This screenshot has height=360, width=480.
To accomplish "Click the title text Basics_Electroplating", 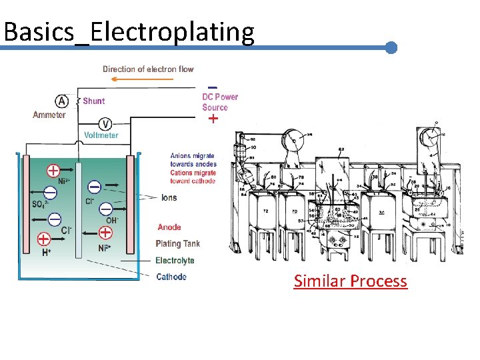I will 129,31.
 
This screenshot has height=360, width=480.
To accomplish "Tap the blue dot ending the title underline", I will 391,48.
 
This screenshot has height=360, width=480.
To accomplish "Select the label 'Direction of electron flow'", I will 148,69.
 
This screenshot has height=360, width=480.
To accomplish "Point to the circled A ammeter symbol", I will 61,101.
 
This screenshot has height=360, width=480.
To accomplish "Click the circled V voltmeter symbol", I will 105,123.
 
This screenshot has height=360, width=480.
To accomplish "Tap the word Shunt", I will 93,101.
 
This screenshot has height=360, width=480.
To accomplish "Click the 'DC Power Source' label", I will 220,102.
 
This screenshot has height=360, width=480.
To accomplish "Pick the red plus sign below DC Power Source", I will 213,119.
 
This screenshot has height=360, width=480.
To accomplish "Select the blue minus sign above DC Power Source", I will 212,87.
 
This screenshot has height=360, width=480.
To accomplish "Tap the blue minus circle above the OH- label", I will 106,209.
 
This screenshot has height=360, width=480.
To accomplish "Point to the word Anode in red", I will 169,227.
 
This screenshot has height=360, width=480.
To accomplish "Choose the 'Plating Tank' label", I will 177,244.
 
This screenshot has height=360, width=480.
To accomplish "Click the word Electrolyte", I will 175,261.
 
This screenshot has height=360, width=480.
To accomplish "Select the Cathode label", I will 171,277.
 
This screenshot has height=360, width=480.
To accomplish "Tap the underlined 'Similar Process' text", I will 350,281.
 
